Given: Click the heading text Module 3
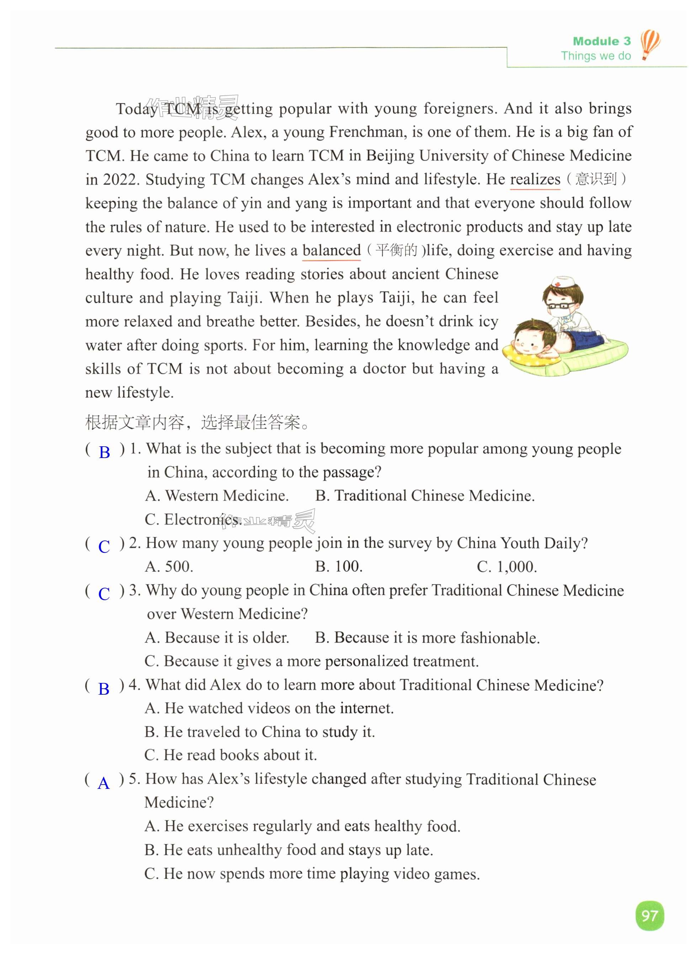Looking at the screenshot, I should click(x=601, y=41).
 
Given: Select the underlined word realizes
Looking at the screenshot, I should click(x=535, y=179).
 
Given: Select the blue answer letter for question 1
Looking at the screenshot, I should click(x=104, y=453).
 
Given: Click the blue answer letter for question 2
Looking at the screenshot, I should click(x=104, y=547).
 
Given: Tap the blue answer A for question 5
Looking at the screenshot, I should click(x=103, y=783).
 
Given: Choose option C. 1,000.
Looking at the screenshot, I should click(x=507, y=567).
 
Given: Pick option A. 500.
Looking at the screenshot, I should click(x=169, y=567).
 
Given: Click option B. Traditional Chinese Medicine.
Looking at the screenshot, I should click(x=425, y=496).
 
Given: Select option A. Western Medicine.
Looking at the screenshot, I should click(x=217, y=496).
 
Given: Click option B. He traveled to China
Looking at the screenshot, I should click(x=260, y=732).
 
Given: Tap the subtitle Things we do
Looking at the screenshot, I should click(x=595, y=56).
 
